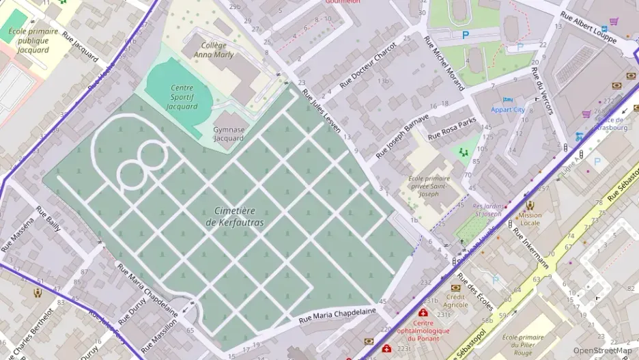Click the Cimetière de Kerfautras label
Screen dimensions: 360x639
pyautogui.click(x=234, y=217)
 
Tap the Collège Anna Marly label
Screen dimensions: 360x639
pyautogui.click(x=213, y=50)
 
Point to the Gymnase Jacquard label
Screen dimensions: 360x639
pyautogui.click(x=228, y=133)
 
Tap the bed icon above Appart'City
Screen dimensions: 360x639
pyautogui.click(x=507, y=100)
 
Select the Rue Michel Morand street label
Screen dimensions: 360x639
pyautogui.click(x=444, y=63)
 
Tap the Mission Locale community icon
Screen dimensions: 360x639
pyautogui.click(x=530, y=204)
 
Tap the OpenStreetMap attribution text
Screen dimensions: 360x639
pyautogui.click(x=602, y=350)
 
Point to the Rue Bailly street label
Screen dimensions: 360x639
pyautogui.click(x=48, y=218)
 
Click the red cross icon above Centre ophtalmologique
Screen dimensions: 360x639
pyautogui.click(x=423, y=312)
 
